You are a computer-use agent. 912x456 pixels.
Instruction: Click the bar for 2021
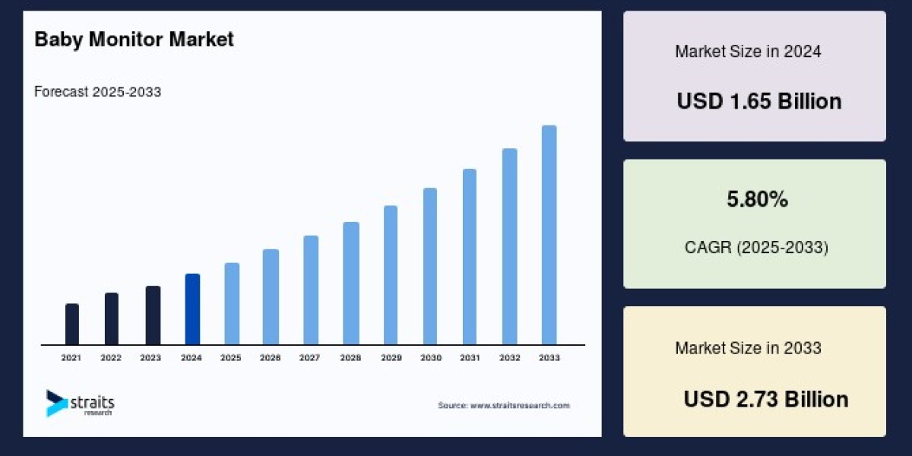coord(72,325)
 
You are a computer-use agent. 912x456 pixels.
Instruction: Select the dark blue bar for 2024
coord(192,309)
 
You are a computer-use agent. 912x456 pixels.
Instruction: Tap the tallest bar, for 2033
coord(549,235)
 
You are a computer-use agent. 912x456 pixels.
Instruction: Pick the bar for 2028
coord(350,283)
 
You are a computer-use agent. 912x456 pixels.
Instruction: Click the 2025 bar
coord(232,304)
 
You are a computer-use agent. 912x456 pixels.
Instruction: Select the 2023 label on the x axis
coord(150,357)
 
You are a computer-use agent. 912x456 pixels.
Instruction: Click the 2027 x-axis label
coord(309,357)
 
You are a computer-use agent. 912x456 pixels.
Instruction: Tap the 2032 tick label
coord(509,357)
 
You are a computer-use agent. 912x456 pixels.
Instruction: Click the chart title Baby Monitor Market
coord(135,40)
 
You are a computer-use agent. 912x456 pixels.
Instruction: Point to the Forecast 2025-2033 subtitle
coord(98,92)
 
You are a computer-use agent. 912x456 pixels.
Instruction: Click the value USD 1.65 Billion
coord(759,102)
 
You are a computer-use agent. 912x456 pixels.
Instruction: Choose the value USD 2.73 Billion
coord(766,399)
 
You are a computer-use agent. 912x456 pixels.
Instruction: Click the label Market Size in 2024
coord(748,52)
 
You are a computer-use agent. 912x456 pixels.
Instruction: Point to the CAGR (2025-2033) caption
coord(755,247)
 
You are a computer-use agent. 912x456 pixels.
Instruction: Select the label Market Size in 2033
coord(748,348)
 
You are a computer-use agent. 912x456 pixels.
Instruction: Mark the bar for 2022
coord(112,319)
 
